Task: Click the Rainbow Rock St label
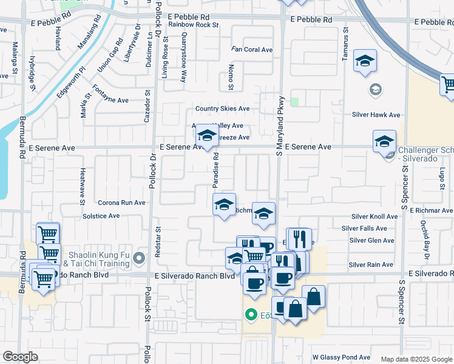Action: coord(193,25)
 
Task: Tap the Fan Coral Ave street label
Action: coord(252,50)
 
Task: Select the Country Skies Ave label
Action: coord(222,109)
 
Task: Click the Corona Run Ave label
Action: coord(122,203)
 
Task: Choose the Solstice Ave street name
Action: coord(101,216)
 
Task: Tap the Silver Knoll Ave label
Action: coord(374,217)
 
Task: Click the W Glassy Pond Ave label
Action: coord(341,357)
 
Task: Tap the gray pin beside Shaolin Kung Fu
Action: coord(140,259)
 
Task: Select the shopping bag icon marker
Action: coord(313,297)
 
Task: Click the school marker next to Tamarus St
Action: coord(365,61)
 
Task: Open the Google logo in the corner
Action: coord(20,357)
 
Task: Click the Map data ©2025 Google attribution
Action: coord(416,359)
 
